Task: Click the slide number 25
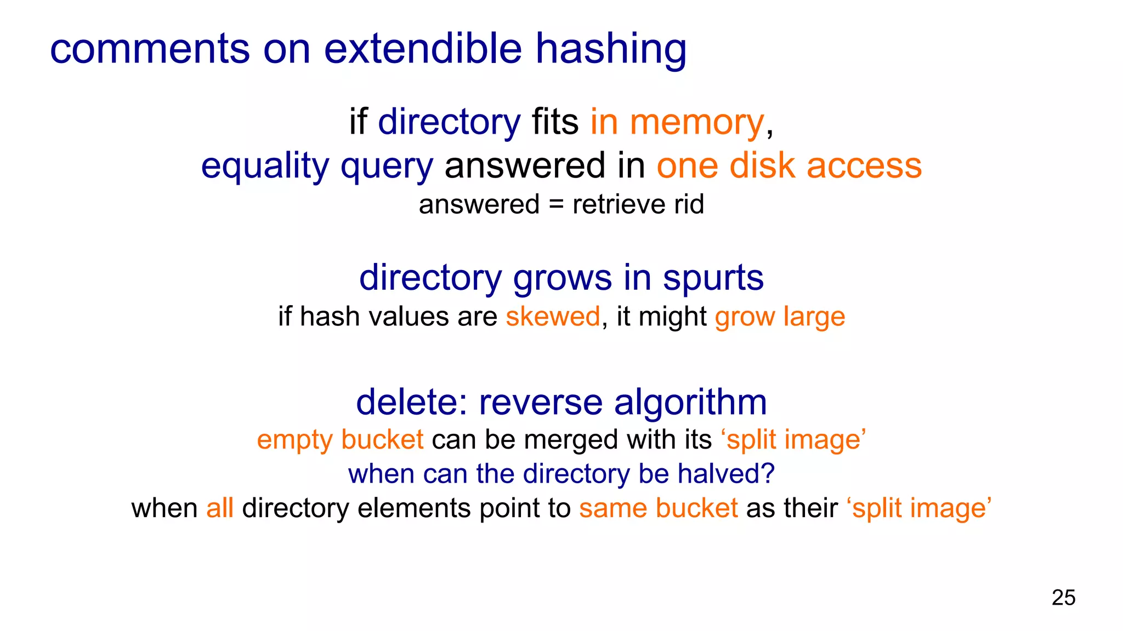(x=1063, y=598)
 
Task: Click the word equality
(x=265, y=167)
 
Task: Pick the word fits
(x=555, y=122)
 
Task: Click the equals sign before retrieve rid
(x=556, y=205)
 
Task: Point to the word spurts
(x=713, y=278)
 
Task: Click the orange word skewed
(x=553, y=317)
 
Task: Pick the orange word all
(x=220, y=508)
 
